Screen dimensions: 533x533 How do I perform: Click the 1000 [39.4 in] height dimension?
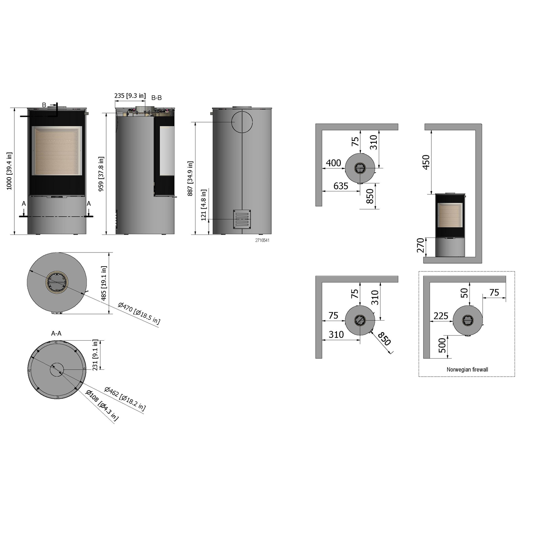coord(9,171)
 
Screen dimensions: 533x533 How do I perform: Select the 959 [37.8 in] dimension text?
coord(101,174)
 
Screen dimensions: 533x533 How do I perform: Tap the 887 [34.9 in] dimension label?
coord(190,179)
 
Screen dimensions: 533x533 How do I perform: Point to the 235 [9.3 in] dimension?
coord(130,96)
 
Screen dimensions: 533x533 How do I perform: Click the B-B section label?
coord(157,98)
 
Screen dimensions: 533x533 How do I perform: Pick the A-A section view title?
coord(57,334)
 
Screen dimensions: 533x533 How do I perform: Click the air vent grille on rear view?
coord(242,219)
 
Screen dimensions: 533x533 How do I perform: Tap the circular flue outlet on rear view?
coord(242,122)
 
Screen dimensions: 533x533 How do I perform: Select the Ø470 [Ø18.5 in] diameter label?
coord(139,313)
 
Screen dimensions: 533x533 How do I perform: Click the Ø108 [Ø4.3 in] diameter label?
coord(102,405)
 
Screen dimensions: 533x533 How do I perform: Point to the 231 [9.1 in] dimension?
coord(96,355)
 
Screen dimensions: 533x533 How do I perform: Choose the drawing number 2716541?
coord(262,240)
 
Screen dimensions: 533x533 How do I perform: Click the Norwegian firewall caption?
coord(467,369)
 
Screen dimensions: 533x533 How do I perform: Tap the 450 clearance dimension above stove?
coord(426,162)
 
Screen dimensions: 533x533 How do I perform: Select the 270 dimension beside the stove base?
coord(420,245)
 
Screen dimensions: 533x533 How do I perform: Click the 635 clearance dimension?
coord(341,186)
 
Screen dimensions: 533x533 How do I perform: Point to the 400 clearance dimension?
coord(334,163)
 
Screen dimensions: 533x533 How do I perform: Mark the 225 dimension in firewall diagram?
coord(441,316)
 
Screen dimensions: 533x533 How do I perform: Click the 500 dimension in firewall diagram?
coord(442,345)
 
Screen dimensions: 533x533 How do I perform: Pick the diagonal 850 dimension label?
coord(384,339)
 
